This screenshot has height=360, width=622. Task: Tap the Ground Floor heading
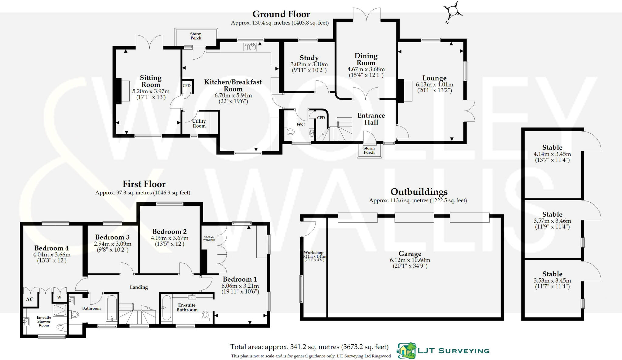pyautogui.click(x=281, y=14)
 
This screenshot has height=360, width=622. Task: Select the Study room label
pyautogui.click(x=309, y=58)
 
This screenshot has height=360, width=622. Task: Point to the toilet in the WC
pyautogui.click(x=290, y=132)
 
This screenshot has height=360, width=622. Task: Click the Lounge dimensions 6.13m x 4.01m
pyautogui.click(x=434, y=85)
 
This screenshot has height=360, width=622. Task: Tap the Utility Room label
pyautogui.click(x=199, y=123)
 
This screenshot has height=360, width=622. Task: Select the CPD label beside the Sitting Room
pyautogui.click(x=186, y=86)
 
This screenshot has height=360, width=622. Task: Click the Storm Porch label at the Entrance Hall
pyautogui.click(x=369, y=150)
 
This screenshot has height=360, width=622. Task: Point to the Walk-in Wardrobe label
pyautogui.click(x=209, y=238)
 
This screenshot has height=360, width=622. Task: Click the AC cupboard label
pyautogui.click(x=29, y=300)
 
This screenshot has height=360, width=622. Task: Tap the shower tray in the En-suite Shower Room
pyautogui.click(x=60, y=310)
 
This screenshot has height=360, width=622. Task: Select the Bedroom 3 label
pyautogui.click(x=112, y=237)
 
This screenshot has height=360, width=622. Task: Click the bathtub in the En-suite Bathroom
pyautogui.click(x=166, y=308)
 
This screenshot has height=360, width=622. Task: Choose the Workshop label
pyautogui.click(x=313, y=252)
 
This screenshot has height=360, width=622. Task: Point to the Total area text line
pyautogui.click(x=309, y=347)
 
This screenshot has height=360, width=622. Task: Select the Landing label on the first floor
pyautogui.click(x=139, y=287)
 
